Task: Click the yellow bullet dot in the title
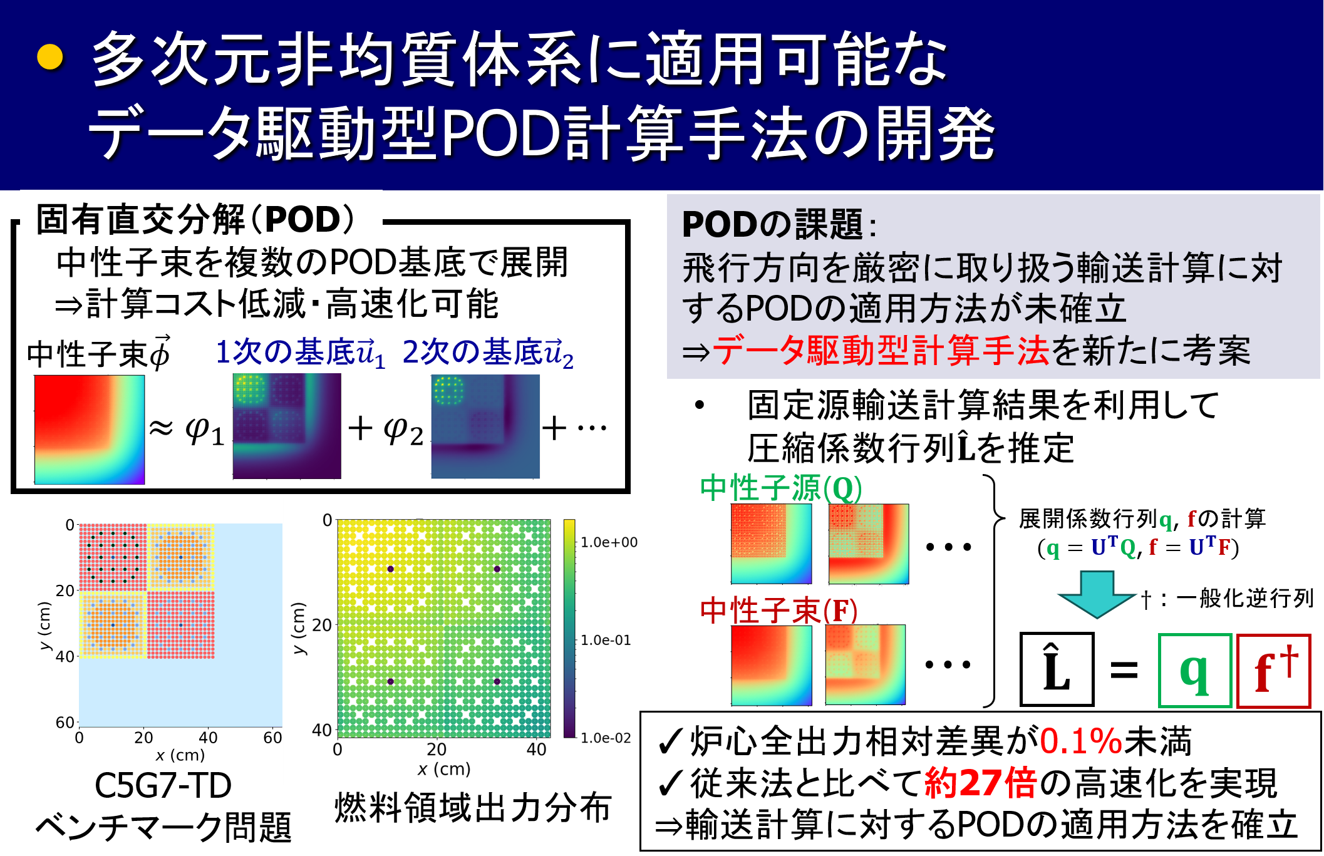[50, 57]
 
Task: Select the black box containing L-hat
[1057, 669]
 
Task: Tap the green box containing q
[1195, 671]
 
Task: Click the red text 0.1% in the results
[1081, 741]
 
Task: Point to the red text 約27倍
[980, 783]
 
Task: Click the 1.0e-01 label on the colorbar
[606, 640]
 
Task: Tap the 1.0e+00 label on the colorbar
[609, 542]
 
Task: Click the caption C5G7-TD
[163, 786]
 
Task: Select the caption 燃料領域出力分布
[473, 807]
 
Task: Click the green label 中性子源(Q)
[781, 488]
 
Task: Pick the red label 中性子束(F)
[778, 611]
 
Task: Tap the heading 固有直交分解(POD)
[195, 219]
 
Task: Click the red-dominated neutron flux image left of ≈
[90, 430]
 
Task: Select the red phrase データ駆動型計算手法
[881, 351]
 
